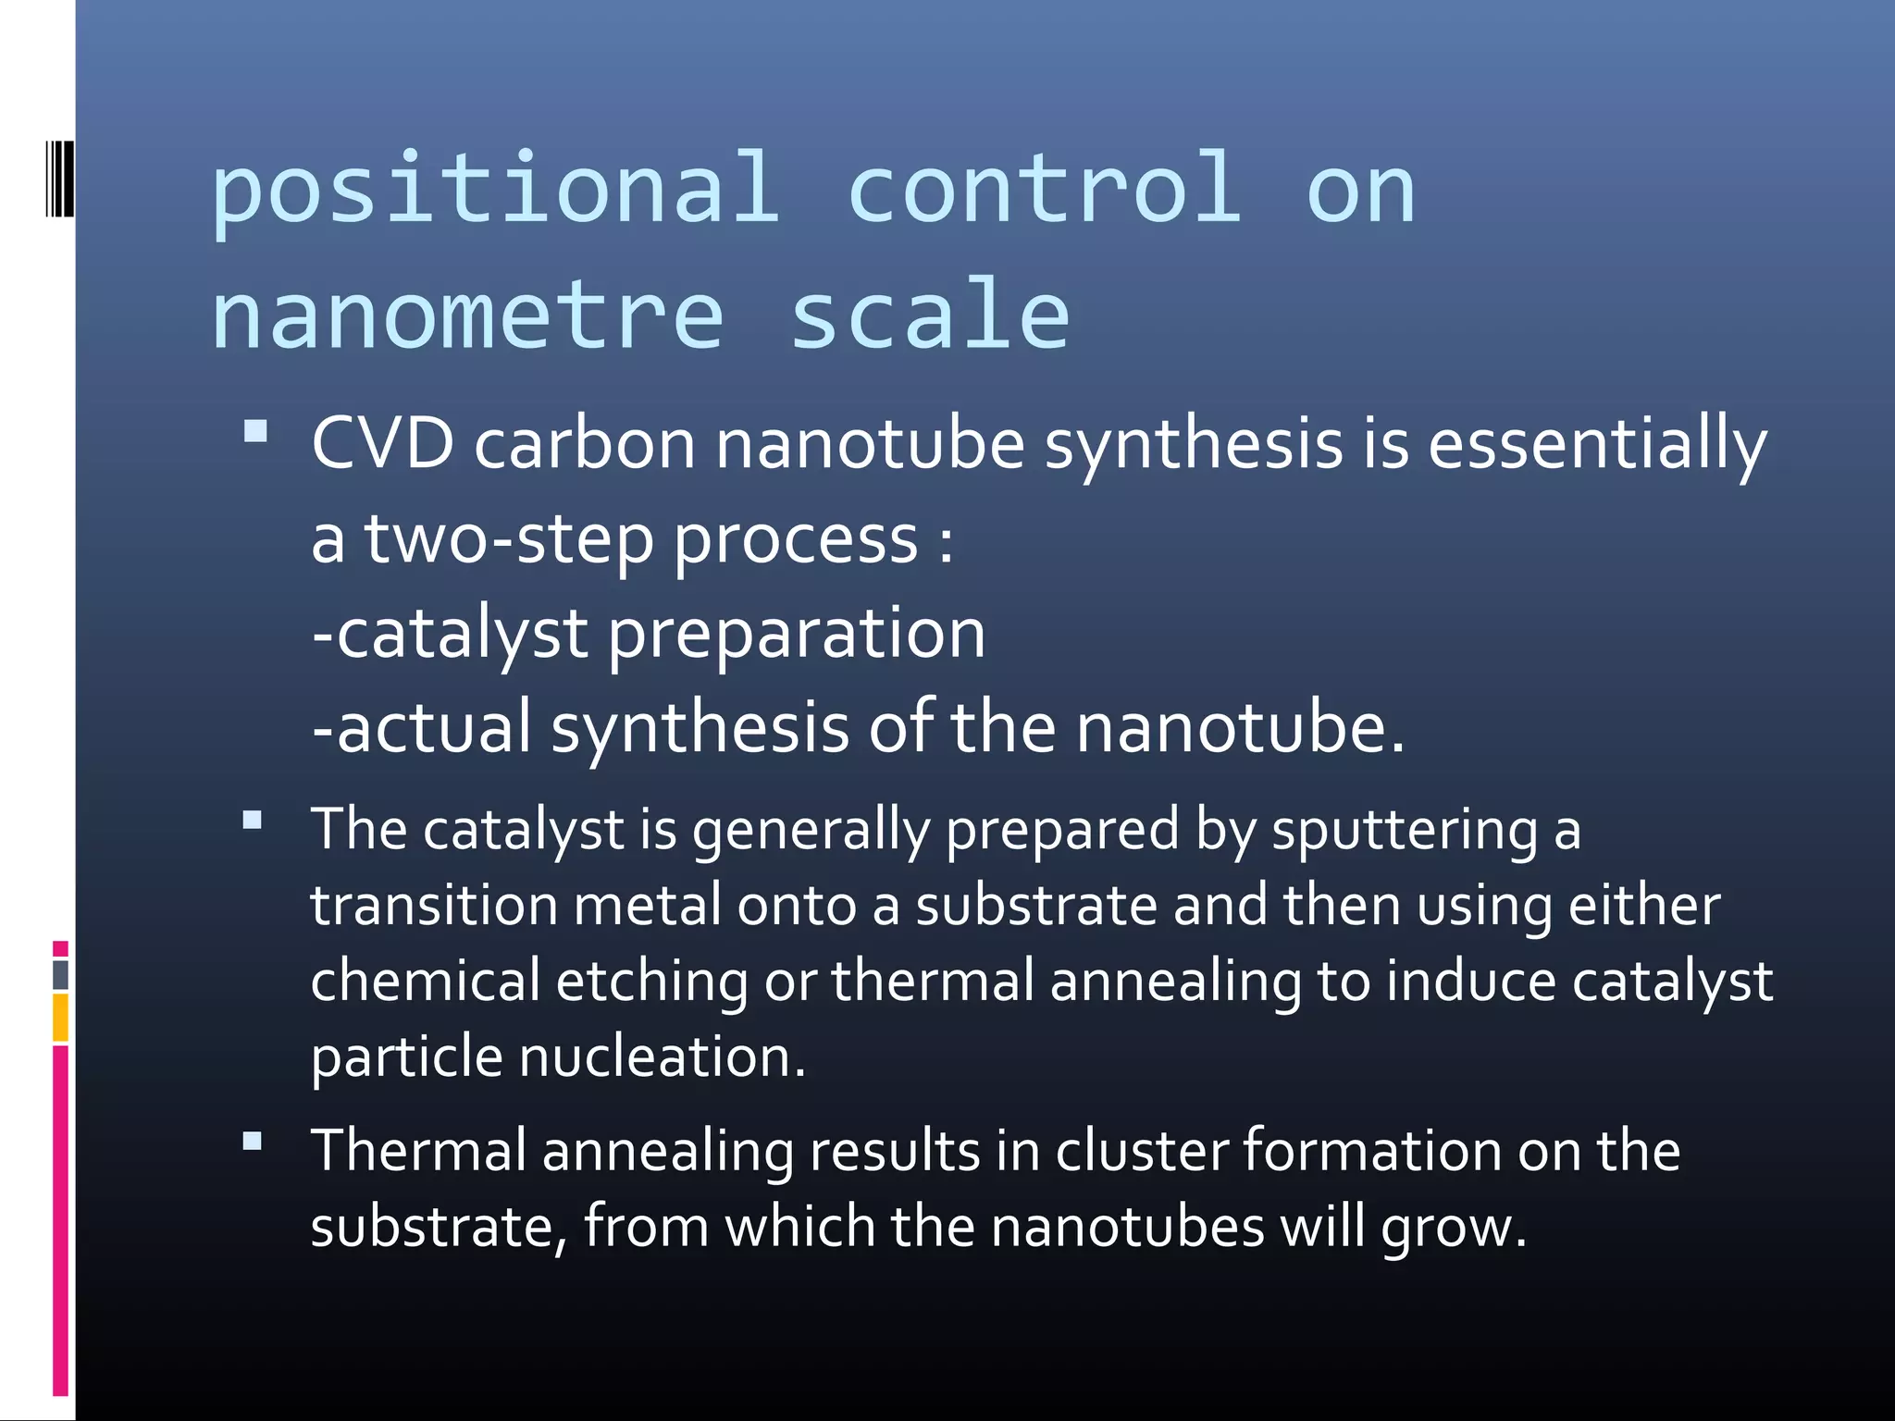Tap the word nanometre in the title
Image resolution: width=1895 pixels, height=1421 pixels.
pyautogui.click(x=468, y=316)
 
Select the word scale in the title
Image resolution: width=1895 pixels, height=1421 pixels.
pyautogui.click(x=929, y=316)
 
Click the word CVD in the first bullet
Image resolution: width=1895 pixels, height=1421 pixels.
pyautogui.click(x=382, y=444)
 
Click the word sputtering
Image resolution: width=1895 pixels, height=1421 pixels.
pyautogui.click(x=1404, y=830)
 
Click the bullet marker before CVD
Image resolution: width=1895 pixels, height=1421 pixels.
pyautogui.click(x=255, y=431)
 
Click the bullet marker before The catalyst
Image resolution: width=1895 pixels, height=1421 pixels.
pyautogui.click(x=253, y=820)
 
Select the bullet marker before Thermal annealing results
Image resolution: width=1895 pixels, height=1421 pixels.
pyautogui.click(x=253, y=1141)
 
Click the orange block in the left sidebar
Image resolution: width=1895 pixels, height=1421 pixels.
pyautogui.click(x=60, y=1018)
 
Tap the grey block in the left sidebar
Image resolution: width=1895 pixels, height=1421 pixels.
pyautogui.click(x=60, y=975)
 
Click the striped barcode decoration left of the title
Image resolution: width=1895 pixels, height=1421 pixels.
pyautogui.click(x=59, y=178)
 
